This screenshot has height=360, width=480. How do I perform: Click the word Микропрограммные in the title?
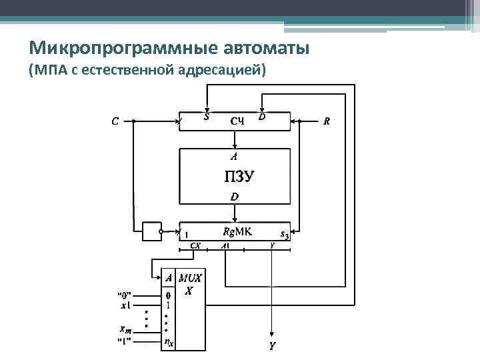110,49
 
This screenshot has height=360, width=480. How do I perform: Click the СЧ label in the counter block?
238,121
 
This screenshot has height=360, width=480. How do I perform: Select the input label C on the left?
115,121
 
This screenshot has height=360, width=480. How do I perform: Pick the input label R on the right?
326,121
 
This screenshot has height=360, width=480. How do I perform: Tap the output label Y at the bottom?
272,346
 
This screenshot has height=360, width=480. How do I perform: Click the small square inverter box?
151,231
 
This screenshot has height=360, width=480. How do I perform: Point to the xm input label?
125,330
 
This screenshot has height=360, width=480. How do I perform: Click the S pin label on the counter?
207,117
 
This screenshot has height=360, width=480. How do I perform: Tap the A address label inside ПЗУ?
233,157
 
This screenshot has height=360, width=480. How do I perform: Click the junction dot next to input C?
133,121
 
